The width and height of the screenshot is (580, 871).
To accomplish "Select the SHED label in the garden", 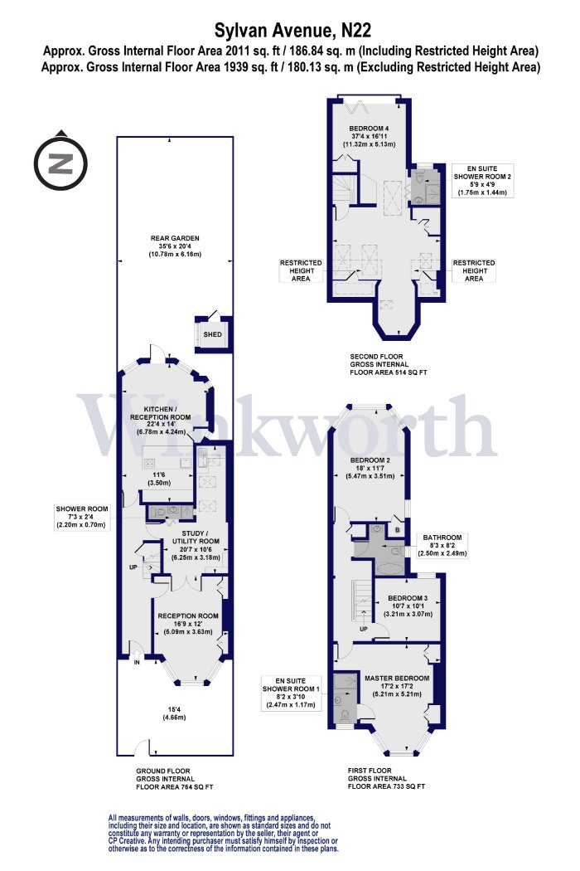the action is click(213, 334).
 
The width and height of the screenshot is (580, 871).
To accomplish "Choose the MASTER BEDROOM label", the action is click(397, 678).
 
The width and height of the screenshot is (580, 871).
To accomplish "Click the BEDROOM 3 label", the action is click(408, 598).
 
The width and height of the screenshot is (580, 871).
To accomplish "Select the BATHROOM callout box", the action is click(442, 546).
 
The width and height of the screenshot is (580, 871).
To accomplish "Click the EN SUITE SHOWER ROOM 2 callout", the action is click(483, 181).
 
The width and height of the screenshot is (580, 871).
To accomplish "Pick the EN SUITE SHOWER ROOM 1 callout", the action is click(291, 693).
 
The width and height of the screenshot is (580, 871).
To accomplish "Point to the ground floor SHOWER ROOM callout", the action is click(82, 517).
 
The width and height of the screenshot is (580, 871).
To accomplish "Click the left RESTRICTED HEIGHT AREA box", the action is click(301, 270).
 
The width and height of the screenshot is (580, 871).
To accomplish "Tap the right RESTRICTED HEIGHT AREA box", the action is click(474, 270).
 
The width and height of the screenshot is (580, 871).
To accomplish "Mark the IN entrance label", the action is click(137, 662).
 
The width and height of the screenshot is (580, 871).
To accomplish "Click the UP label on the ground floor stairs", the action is click(133, 567).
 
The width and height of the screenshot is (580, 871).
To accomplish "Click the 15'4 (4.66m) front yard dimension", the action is click(174, 713).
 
